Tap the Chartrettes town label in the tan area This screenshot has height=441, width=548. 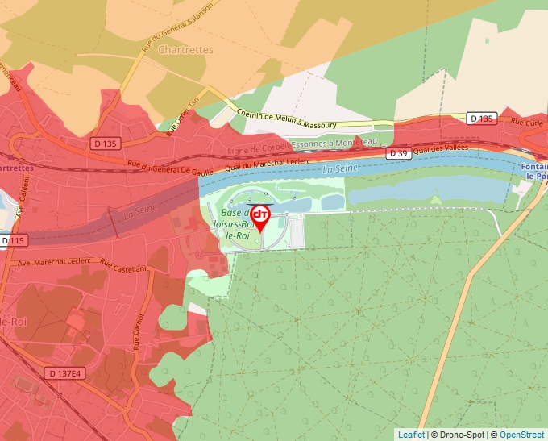tap(186, 49)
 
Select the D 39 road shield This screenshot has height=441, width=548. tap(398, 153)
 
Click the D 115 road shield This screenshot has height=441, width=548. tap(15, 240)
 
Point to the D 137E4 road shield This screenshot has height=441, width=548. tap(65, 373)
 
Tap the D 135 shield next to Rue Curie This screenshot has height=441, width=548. tap(481, 119)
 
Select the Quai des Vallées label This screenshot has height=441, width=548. tap(441, 150)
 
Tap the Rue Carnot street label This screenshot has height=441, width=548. tap(138, 331)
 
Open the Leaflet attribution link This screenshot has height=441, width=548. tap(411, 435)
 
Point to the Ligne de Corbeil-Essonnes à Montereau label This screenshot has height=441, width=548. tap(302, 146)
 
